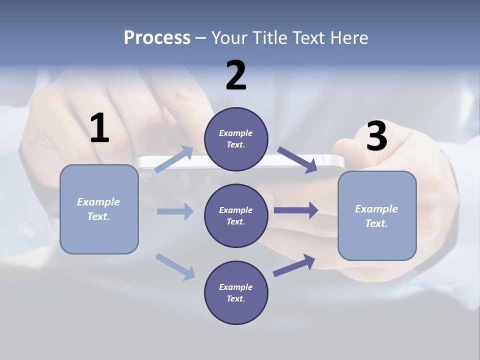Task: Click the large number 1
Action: [x=99, y=128]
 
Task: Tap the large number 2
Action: [x=236, y=75]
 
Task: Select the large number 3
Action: [x=376, y=136]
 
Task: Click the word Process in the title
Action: [x=157, y=38]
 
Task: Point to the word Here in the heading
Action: [x=349, y=38]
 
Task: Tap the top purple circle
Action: [x=236, y=139]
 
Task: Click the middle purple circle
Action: [x=236, y=216]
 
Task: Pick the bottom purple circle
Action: [x=236, y=293]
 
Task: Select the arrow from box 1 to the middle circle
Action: [x=175, y=211]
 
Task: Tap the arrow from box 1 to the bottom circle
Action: [x=175, y=266]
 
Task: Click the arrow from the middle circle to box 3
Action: [x=296, y=210]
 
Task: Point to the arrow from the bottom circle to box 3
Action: [x=294, y=265]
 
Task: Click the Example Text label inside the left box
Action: [x=98, y=209]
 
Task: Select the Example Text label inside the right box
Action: [x=376, y=216]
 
